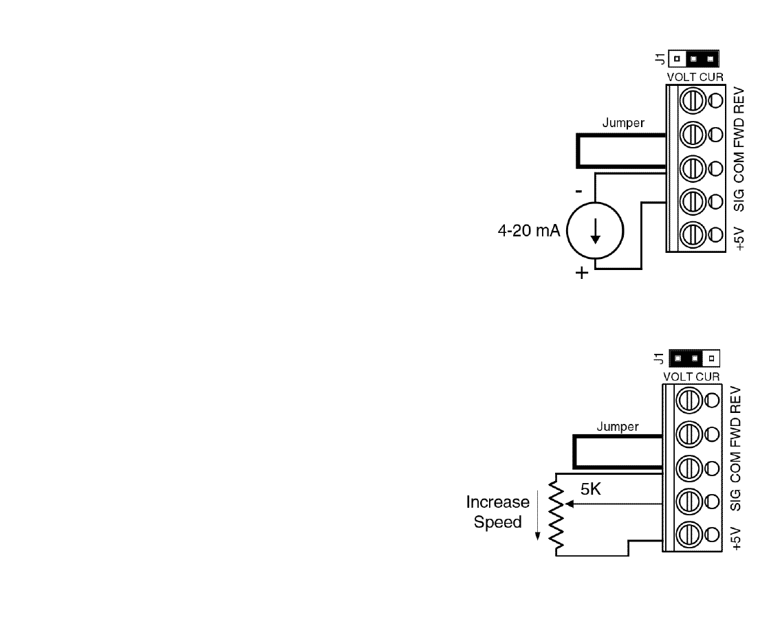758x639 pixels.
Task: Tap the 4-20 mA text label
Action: click(529, 230)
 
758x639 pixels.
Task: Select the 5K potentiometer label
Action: click(591, 489)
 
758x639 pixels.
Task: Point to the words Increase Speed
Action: click(498, 512)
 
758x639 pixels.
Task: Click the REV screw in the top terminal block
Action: click(693, 100)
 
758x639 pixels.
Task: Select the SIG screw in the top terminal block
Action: click(693, 201)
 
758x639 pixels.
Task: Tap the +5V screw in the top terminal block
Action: click(693, 235)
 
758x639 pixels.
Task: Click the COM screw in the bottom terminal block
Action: click(689, 468)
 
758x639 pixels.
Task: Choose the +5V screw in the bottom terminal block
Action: click(689, 535)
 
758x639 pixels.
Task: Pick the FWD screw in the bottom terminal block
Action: click(689, 434)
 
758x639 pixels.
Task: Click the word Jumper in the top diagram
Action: click(623, 123)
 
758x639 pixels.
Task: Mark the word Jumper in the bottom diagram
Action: click(617, 427)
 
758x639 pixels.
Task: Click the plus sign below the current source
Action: click(582, 273)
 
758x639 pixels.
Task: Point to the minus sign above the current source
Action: click(578, 192)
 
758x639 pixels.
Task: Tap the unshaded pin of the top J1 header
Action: click(677, 59)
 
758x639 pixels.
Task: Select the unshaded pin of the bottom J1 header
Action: click(711, 359)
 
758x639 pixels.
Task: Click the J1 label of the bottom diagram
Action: click(658, 359)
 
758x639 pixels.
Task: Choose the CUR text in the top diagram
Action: click(712, 77)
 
